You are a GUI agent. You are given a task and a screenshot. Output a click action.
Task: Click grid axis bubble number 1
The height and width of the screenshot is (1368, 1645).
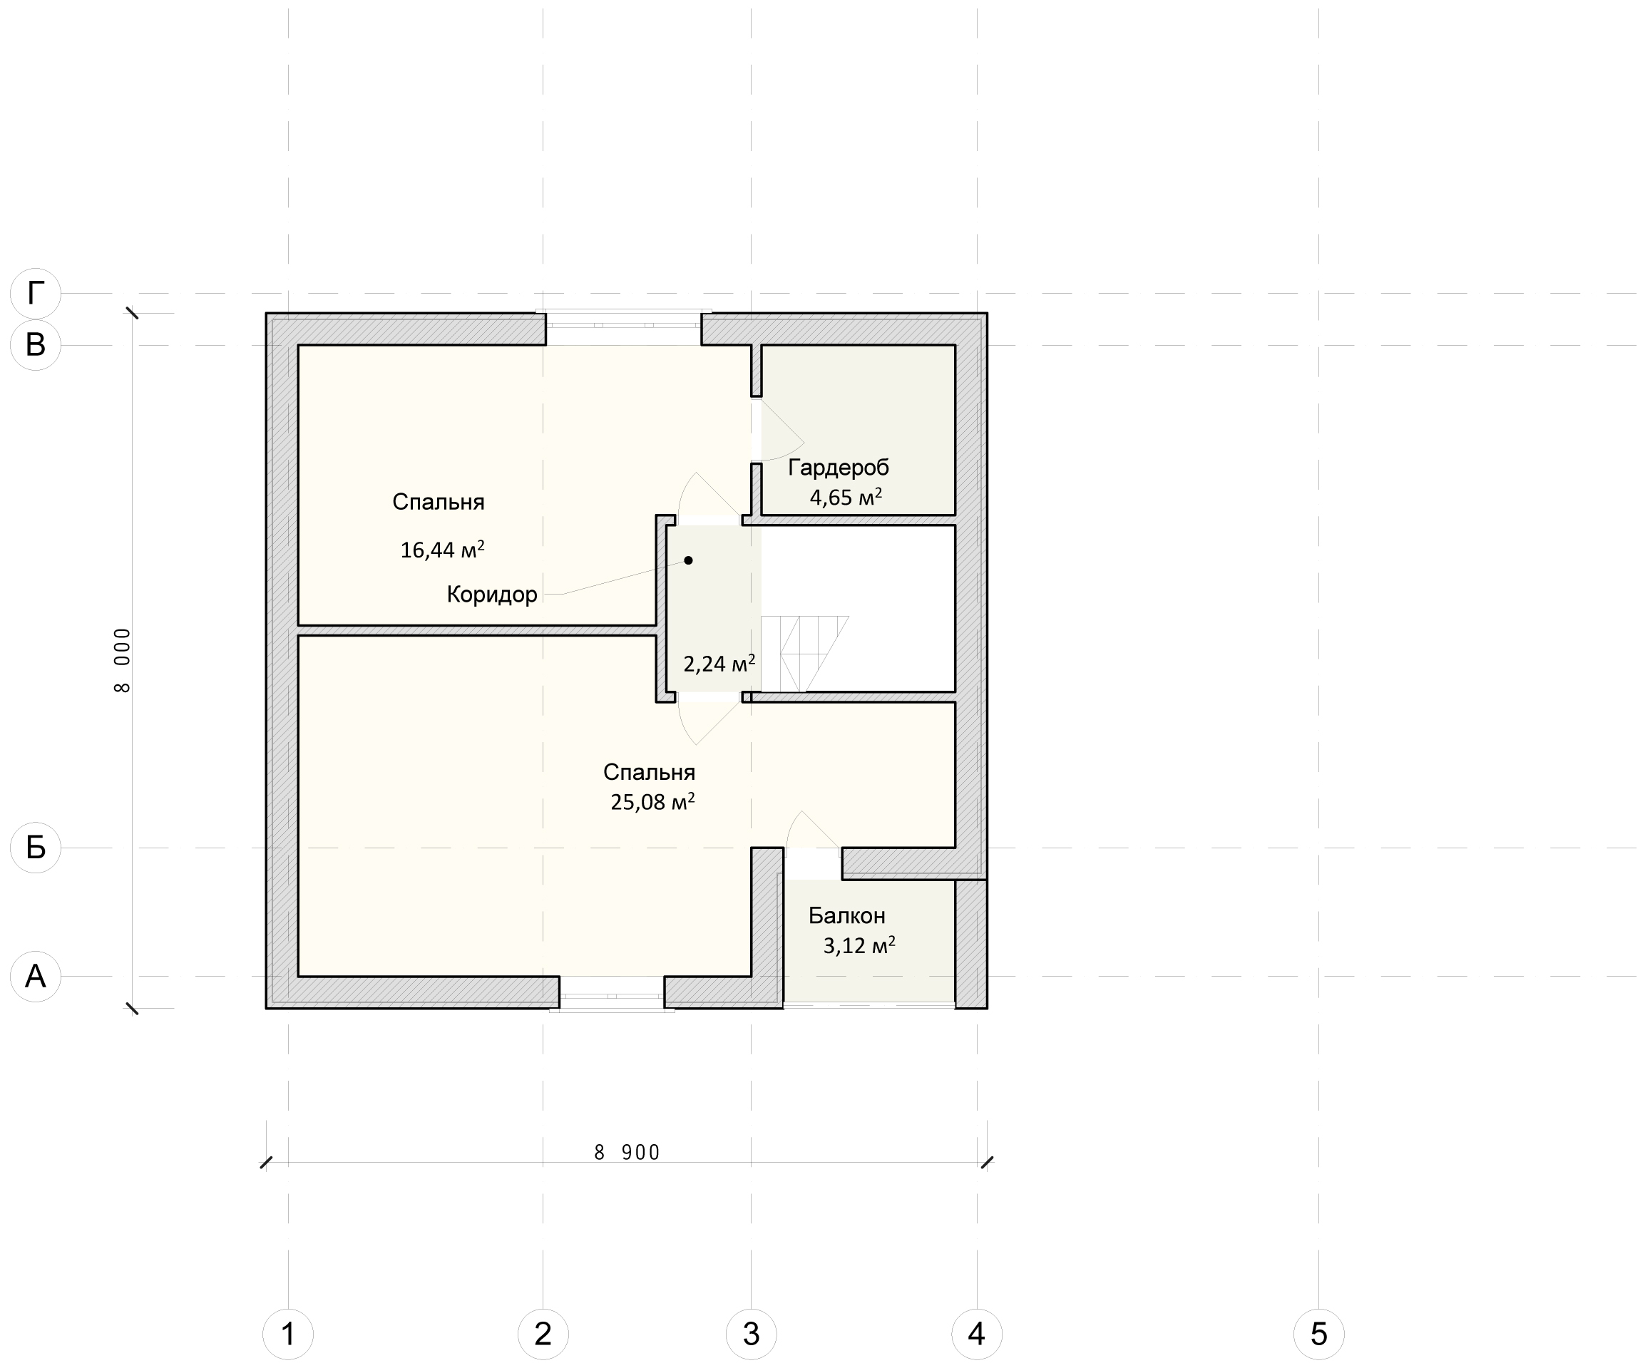tap(288, 1334)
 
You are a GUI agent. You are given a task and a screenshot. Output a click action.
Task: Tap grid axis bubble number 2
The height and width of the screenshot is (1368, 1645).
tap(543, 1334)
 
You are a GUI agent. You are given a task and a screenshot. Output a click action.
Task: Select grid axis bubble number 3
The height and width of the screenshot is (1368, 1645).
tap(752, 1334)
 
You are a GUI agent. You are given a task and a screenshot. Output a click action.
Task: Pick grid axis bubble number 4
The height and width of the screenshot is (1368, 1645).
tap(977, 1334)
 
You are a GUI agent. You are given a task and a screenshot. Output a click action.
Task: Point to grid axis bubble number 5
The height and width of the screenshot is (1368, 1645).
tap(1319, 1334)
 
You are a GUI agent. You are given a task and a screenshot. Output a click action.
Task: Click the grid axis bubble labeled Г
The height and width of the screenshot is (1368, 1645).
tap(35, 294)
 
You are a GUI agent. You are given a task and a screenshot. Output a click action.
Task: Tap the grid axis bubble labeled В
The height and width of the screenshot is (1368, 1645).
tap(35, 344)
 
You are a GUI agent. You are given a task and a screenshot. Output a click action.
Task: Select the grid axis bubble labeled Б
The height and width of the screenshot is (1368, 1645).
tap(35, 848)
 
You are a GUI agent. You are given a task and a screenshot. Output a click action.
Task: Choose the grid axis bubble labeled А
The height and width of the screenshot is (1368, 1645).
tap(35, 977)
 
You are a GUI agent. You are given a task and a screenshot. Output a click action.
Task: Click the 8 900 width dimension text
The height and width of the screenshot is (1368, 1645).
tap(627, 1153)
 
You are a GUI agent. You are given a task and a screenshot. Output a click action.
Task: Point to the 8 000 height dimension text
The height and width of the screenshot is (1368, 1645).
tap(123, 660)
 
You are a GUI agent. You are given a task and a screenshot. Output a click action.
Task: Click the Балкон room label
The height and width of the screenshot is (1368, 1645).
tap(847, 915)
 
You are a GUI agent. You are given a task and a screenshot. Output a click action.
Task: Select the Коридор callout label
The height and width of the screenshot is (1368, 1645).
tap(492, 595)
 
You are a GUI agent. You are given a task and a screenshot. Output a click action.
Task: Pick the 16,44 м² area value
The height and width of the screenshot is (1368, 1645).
tap(442, 550)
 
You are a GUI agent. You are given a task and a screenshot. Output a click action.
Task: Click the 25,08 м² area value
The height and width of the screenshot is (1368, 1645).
tap(652, 802)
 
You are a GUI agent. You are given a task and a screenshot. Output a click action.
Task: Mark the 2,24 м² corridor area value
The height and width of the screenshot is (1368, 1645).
tap(719, 664)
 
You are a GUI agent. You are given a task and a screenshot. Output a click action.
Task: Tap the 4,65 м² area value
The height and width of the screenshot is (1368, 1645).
tap(845, 498)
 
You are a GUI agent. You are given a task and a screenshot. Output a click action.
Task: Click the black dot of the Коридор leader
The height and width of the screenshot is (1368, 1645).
tap(689, 560)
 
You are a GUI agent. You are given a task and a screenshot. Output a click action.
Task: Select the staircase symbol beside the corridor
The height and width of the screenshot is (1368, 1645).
tap(804, 654)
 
